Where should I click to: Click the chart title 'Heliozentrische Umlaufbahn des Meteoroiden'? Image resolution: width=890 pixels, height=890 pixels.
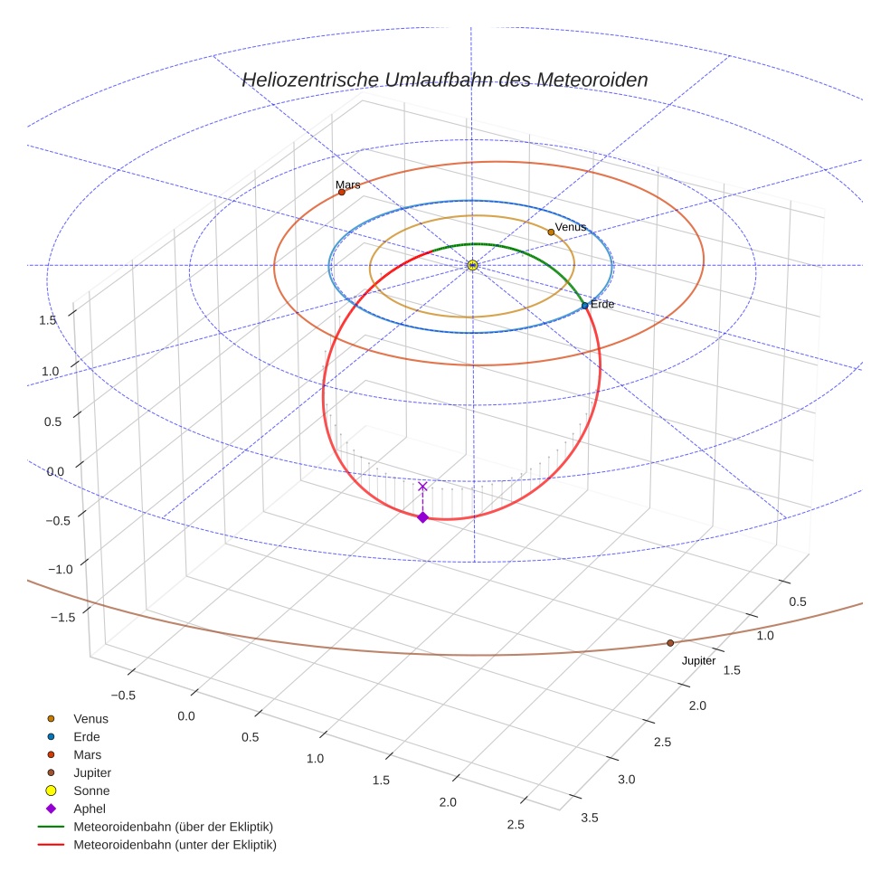tap(444, 80)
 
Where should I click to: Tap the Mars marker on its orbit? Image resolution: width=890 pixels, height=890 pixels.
tap(342, 192)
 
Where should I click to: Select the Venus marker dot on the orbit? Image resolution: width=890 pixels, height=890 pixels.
tap(551, 232)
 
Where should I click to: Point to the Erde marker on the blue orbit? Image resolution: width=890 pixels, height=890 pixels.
tap(584, 306)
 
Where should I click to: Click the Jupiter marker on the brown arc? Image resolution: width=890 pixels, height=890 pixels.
tap(670, 643)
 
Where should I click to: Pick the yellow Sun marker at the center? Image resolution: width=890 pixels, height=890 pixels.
tap(472, 265)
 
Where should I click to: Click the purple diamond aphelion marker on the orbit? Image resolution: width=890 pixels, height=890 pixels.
tap(422, 516)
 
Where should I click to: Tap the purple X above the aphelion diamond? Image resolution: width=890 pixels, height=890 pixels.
tap(422, 487)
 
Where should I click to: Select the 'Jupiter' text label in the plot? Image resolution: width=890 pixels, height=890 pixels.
tap(698, 661)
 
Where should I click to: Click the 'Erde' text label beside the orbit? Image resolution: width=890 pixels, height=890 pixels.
tap(602, 305)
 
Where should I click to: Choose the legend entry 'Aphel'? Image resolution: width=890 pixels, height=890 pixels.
tap(90, 809)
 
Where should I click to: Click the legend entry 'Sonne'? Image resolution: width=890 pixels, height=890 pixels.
tap(91, 791)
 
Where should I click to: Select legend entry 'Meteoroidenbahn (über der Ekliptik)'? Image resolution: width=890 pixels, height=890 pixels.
tap(173, 827)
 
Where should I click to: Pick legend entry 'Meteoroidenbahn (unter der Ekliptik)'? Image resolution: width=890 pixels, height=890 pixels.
tap(175, 845)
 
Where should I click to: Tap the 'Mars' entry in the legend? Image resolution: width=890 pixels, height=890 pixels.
tap(88, 754)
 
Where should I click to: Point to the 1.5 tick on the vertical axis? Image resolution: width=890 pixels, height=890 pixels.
tap(48, 320)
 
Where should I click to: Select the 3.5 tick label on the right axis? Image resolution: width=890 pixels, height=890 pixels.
tap(590, 819)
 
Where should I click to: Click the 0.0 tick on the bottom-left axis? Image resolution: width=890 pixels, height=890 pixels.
tap(185, 716)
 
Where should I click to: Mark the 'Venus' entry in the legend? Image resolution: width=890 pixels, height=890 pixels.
tap(90, 718)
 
